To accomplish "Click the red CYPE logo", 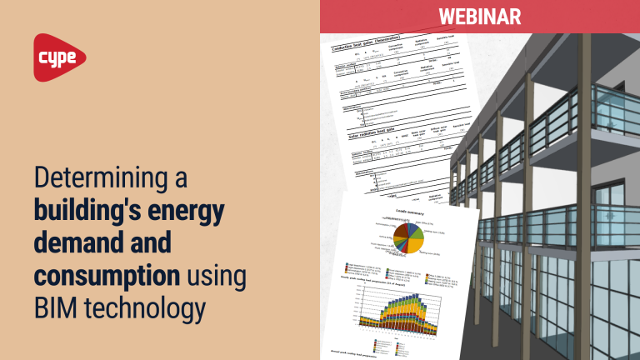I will pyautogui.click(x=60, y=57).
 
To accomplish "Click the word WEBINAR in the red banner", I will pyautogui.click(x=479, y=17).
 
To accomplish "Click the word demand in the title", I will pyautogui.click(x=78, y=244).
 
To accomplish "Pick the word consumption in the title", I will pyautogui.click(x=106, y=276).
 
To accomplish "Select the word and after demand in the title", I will pyautogui.click(x=151, y=244).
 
